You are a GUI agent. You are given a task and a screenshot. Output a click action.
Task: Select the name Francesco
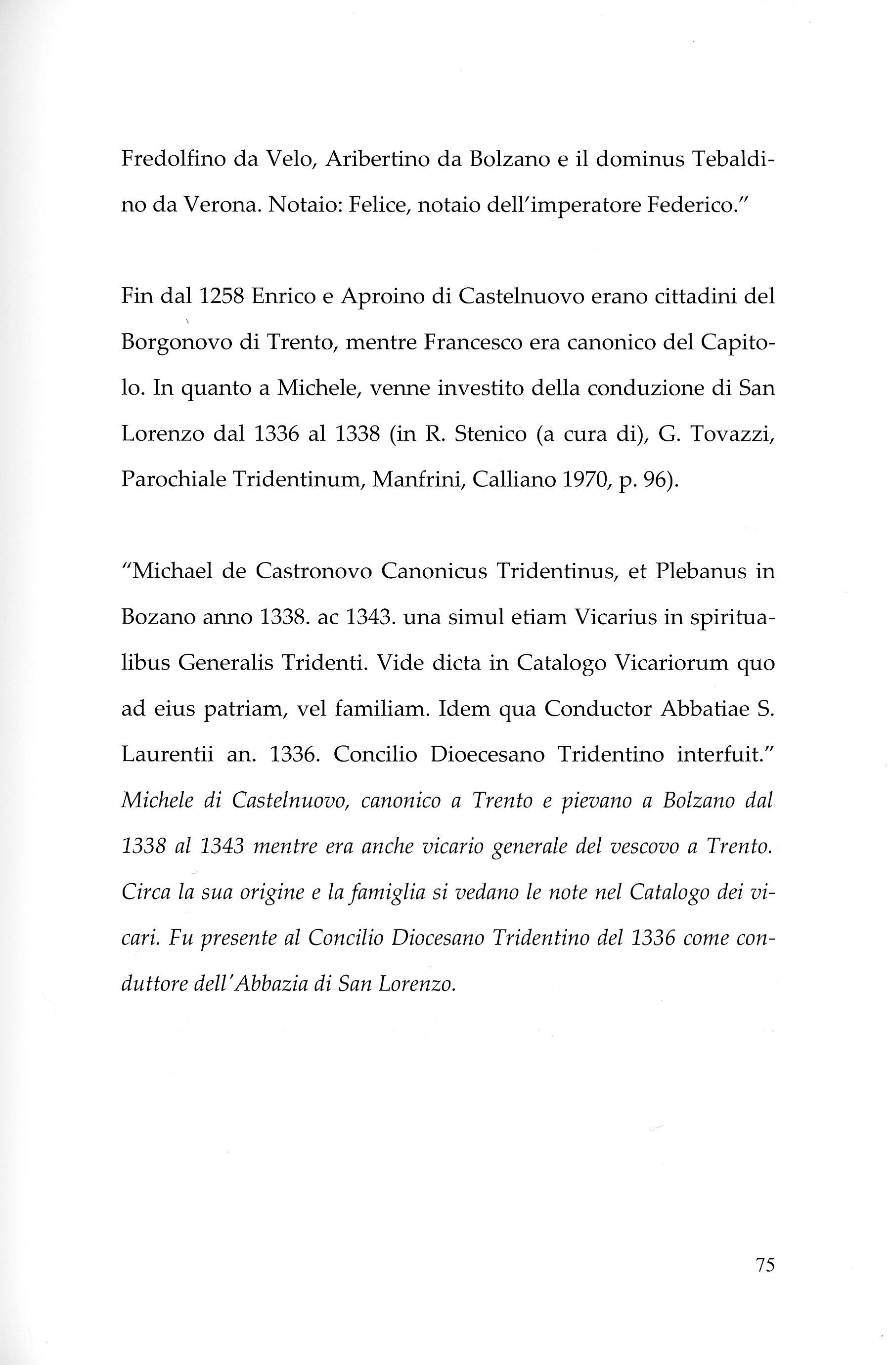[471, 342]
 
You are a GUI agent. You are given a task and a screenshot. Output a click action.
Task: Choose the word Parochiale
[173, 479]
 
